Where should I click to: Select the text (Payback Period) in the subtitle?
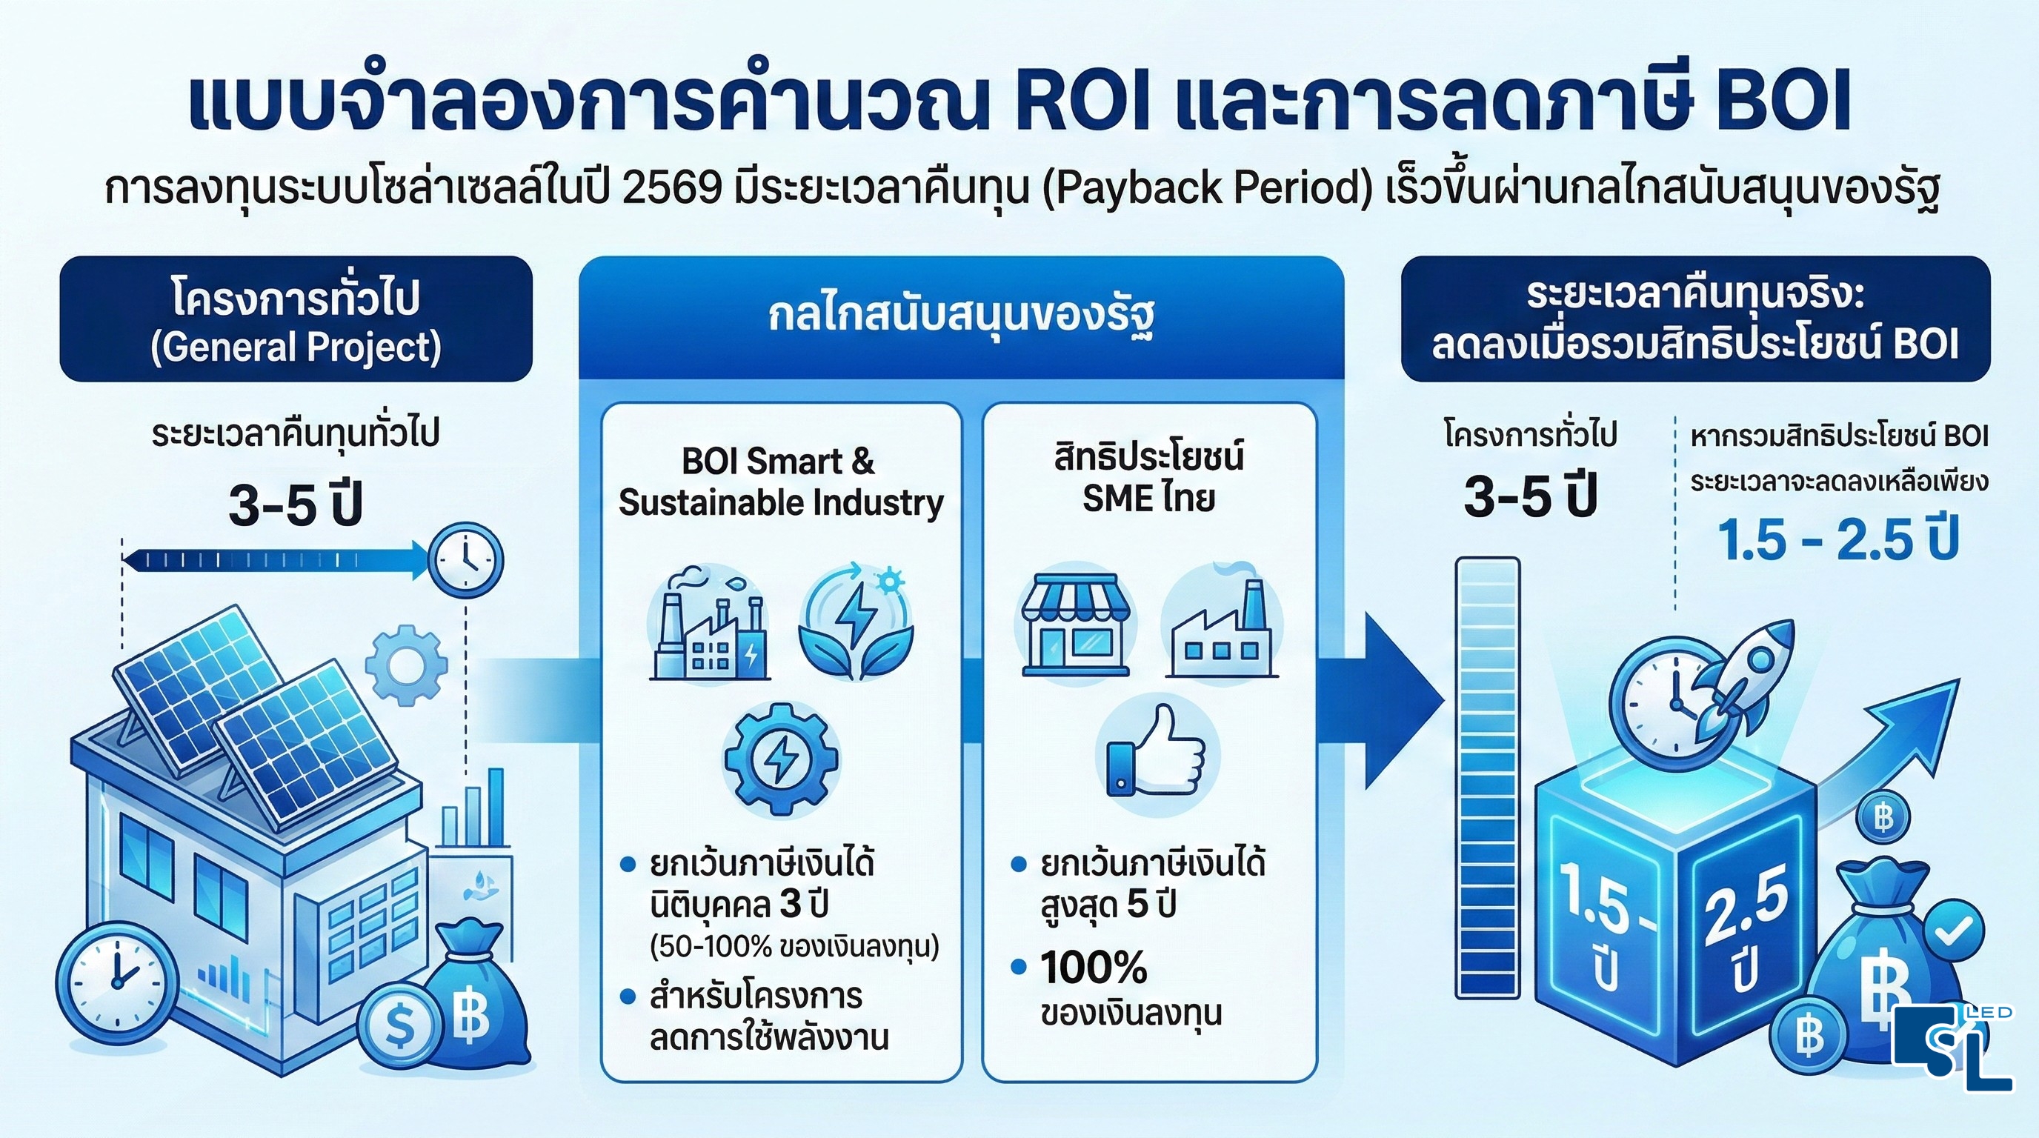1208,190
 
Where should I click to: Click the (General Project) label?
295,347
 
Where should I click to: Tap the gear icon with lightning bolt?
780,759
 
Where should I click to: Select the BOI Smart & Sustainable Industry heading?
780,481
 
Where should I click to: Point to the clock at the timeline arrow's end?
465,560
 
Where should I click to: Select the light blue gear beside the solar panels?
407,665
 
